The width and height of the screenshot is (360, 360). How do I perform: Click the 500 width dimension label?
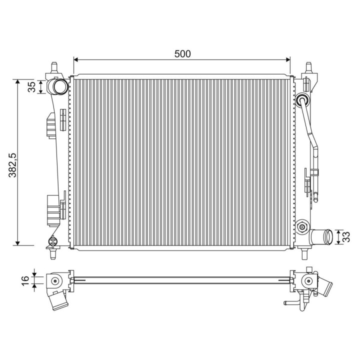[x=182, y=53]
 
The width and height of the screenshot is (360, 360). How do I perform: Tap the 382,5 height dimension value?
[x=13, y=165]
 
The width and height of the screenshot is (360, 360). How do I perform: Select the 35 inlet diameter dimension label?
[x=31, y=87]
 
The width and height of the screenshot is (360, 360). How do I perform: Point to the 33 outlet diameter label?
[x=346, y=237]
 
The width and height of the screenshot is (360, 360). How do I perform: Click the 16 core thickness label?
[x=25, y=280]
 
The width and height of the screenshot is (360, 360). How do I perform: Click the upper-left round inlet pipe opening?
[x=60, y=86]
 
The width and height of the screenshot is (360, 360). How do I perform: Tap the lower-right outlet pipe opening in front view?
[x=329, y=236]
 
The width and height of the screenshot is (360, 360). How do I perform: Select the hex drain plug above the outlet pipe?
[x=302, y=227]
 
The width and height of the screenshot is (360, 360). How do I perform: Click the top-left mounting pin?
[x=54, y=67]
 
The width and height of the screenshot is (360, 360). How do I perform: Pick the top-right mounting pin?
[x=309, y=67]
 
